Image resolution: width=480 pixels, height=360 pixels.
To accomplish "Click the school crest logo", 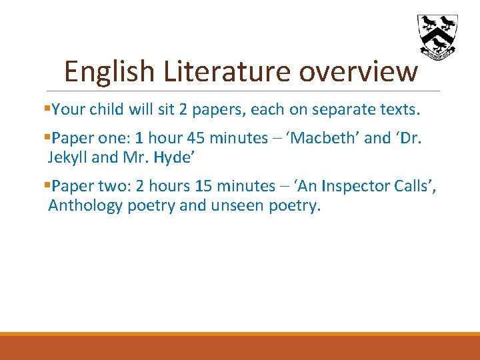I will pyautogui.click(x=437, y=35).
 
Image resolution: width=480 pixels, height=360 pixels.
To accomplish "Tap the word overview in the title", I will pyautogui.click(x=358, y=71).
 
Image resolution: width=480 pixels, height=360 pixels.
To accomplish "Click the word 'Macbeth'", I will pyautogui.click(x=325, y=138).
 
